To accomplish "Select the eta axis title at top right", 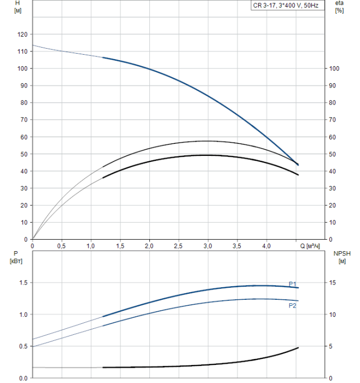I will coord(339,7).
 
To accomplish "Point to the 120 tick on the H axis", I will coord(22,34).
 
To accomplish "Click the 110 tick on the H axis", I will coord(22,51).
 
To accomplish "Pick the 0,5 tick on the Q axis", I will coord(61,246).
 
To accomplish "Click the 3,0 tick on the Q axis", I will coord(208,246).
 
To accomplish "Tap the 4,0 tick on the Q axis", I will coord(266,246).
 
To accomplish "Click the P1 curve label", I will coord(293,283).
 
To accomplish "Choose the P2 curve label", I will coord(293,305).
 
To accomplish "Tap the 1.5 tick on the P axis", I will coord(22,283).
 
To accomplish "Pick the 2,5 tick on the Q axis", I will coord(178,246).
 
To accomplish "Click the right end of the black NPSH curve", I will coord(298,347).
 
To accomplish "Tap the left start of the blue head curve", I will coord(33,45).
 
